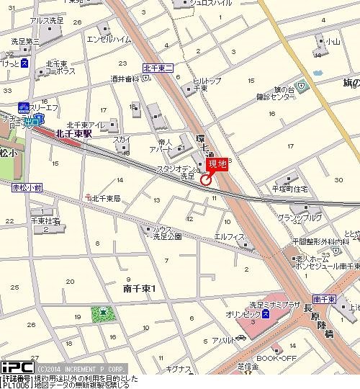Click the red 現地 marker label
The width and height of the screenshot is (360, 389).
[217, 165]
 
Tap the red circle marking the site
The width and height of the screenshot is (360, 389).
[205, 180]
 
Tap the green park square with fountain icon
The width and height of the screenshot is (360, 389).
[104, 313]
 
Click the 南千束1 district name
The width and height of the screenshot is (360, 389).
[139, 288]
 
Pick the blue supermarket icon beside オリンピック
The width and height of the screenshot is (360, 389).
[266, 315]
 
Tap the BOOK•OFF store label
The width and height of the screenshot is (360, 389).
[276, 358]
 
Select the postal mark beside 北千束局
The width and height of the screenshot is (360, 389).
[87, 197]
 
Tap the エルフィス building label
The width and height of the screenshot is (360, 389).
[230, 236]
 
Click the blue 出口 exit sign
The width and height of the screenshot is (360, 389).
[32, 122]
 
